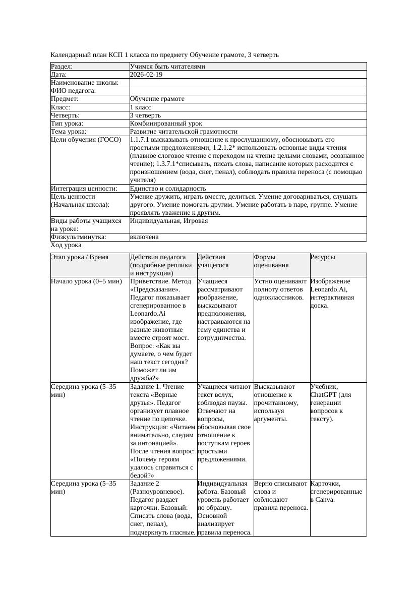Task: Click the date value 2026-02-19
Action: point(146,75)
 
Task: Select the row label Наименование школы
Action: point(85,83)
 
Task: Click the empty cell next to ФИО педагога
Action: point(247,91)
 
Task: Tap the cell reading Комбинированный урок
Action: point(166,123)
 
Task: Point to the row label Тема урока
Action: point(69,131)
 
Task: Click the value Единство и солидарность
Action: point(167,189)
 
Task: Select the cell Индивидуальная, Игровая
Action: point(161,221)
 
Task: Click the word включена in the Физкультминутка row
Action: point(144,237)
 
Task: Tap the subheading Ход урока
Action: point(66,245)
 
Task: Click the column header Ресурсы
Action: point(323,257)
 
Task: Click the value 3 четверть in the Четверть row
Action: point(145,115)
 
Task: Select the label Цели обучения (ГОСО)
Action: point(86,140)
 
